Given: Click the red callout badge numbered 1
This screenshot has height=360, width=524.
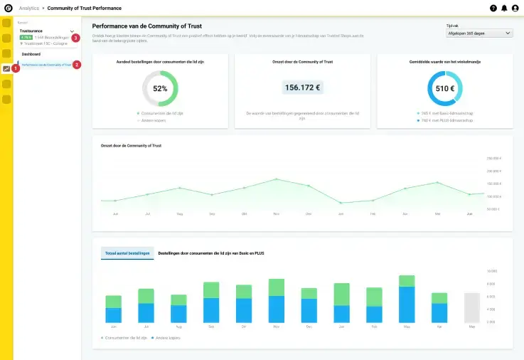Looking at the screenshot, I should click(16, 68).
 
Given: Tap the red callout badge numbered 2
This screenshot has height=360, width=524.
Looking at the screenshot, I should click(77, 65).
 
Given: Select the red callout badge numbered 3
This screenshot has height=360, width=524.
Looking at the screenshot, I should click(75, 38).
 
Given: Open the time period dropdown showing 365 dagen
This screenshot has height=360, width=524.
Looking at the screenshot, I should click(478, 33).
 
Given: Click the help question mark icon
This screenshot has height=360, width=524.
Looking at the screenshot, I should click(493, 8).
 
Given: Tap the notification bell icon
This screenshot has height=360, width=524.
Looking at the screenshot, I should click(504, 8).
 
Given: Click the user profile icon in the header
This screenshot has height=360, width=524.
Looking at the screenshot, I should click(515, 8).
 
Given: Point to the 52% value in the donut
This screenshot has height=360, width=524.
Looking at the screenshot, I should click(160, 89).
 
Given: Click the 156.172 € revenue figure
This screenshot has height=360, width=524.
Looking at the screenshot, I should click(302, 88).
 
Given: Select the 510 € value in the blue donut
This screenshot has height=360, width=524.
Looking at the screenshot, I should click(445, 89).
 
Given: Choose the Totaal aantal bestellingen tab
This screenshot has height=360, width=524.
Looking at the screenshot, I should click(127, 253).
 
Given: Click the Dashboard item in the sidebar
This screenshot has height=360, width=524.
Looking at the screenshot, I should click(31, 54).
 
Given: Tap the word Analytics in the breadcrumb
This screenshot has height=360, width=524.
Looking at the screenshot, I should click(29, 8).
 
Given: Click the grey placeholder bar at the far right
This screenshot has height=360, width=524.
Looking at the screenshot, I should click(472, 308).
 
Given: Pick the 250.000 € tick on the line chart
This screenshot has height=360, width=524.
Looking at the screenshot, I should click(494, 159).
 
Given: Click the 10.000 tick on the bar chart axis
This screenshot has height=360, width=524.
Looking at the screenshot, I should click(491, 272).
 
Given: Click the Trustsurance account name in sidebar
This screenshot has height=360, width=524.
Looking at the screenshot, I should click(31, 31).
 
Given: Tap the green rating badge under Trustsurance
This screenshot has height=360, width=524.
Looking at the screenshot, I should click(26, 37).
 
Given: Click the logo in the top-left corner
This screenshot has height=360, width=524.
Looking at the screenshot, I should click(6, 8).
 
